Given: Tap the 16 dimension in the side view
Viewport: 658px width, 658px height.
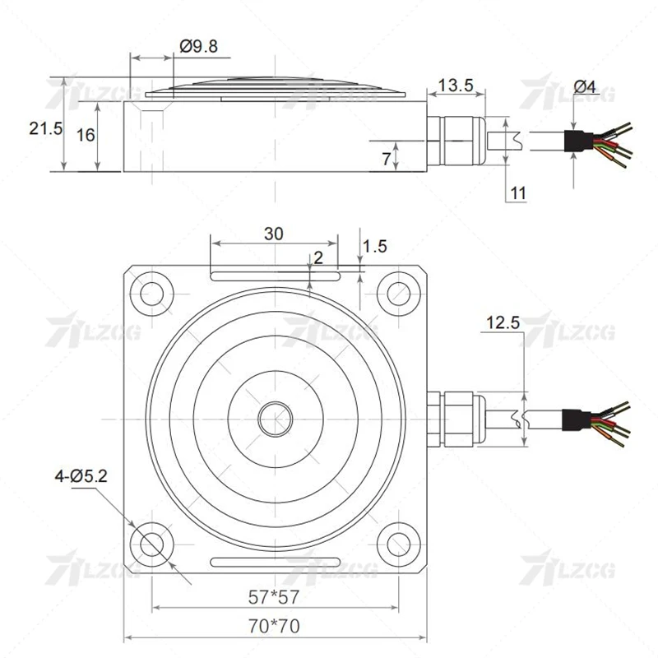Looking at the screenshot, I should coord(86,136).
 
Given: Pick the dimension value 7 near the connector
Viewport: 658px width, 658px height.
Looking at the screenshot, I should coord(387,159).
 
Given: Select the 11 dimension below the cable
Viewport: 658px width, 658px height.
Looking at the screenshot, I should coord(517,192).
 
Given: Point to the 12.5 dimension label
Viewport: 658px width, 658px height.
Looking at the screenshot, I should coord(503,323).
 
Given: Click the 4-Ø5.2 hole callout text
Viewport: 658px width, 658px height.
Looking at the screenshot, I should coord(82,475).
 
